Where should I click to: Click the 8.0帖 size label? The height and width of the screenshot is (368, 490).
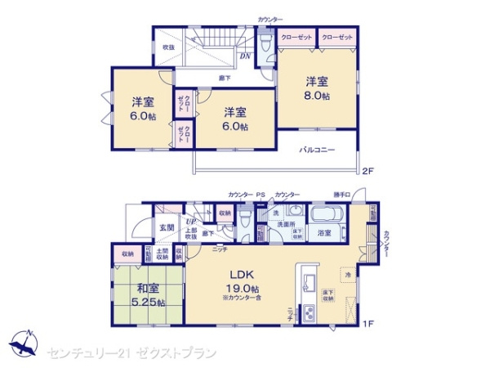(x=318, y=96)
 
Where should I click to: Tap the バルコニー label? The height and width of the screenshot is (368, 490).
(x=314, y=150)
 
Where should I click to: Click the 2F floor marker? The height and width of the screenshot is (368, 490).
(x=367, y=170)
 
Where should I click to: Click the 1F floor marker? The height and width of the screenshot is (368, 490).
(x=367, y=324)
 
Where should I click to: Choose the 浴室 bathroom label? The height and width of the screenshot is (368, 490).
(x=323, y=233)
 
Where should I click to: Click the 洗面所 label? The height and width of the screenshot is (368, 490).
(x=285, y=223)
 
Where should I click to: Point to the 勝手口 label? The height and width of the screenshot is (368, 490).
(x=341, y=194)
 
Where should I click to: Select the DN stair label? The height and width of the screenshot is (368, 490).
(x=244, y=56)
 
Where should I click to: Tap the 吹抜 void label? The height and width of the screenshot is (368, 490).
(x=167, y=47)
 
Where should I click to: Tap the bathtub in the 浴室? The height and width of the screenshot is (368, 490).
(x=324, y=215)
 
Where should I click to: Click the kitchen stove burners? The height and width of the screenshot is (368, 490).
(x=310, y=313)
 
